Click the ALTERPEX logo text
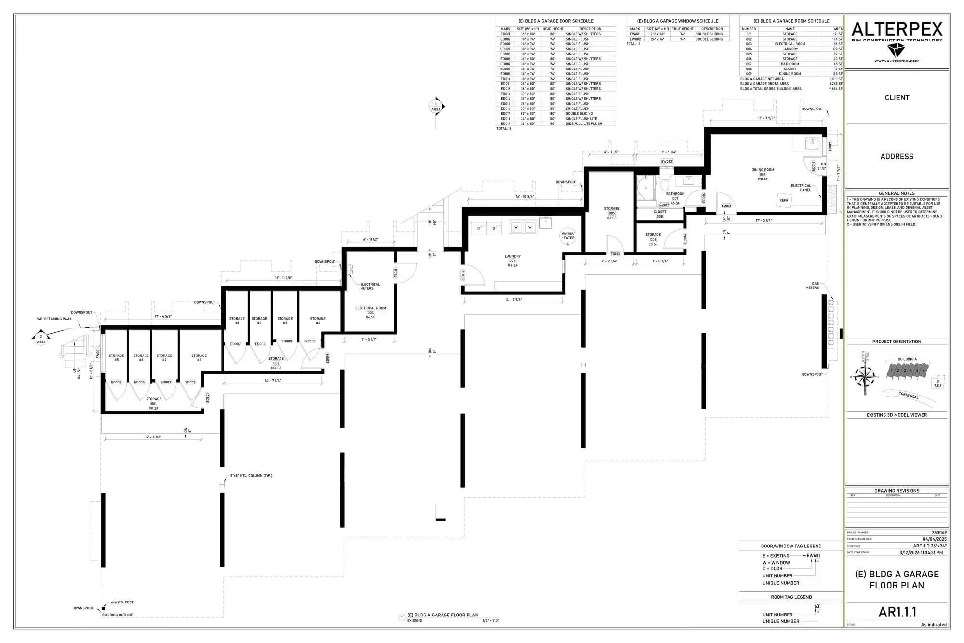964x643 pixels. tap(897, 30)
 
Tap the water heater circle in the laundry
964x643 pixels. tap(567, 236)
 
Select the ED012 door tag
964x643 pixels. tap(463, 275)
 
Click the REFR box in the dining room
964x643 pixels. tap(784, 200)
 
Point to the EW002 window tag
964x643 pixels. tap(667, 162)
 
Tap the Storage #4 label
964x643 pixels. tap(318, 321)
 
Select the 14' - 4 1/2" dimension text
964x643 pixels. tap(153, 437)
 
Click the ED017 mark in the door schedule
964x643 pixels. tap(505, 114)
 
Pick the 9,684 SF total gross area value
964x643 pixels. tap(835, 89)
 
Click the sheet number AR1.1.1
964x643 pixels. tap(897, 612)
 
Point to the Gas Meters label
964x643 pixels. tap(812, 286)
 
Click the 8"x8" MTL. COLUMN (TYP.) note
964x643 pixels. tap(251, 476)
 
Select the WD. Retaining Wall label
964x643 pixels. tap(54, 319)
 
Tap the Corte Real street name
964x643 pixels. tap(909, 396)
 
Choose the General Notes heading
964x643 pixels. tap(897, 193)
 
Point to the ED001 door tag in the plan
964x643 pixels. tap(208, 398)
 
